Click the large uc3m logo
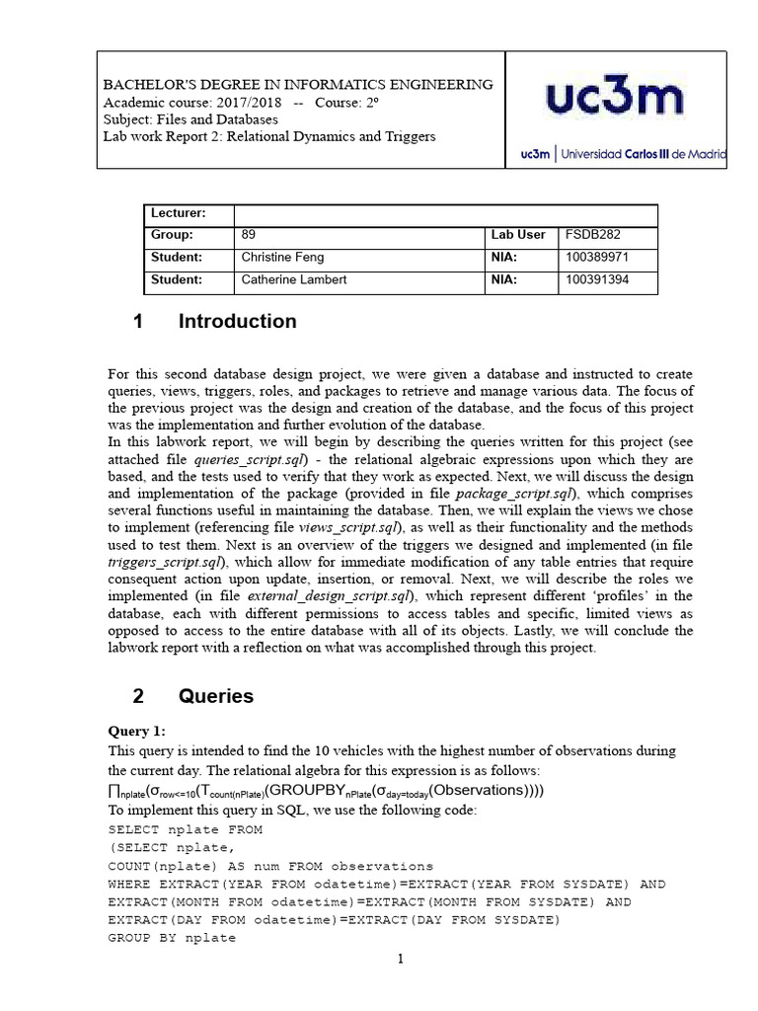click(614, 100)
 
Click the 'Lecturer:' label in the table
click(178, 213)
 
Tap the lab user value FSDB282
click(593, 235)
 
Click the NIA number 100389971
click(597, 258)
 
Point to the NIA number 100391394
click(597, 280)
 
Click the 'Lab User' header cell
click(518, 235)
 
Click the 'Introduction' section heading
click(237, 321)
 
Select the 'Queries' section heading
click(215, 696)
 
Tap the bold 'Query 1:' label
click(137, 731)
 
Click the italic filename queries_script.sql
click(251, 460)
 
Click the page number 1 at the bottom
click(402, 959)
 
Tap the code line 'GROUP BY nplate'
click(172, 938)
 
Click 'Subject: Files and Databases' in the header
click(190, 119)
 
